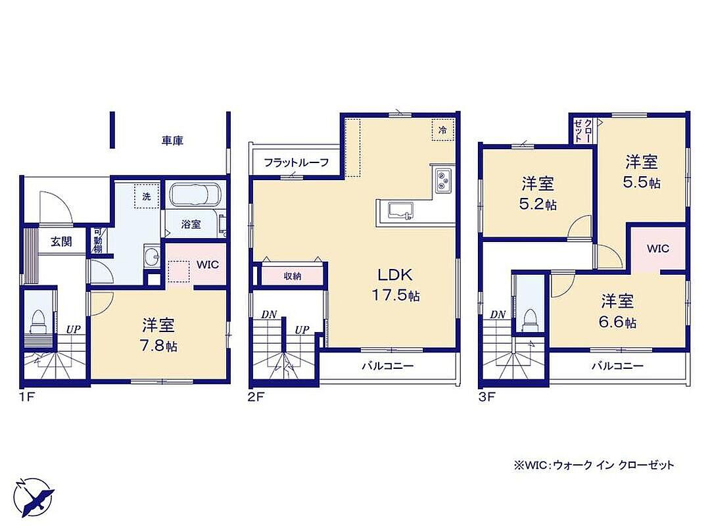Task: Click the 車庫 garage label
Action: click(172, 141)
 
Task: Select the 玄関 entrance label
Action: click(61, 241)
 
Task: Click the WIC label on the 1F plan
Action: click(208, 264)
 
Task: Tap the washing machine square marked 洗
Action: click(147, 196)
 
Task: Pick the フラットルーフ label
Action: click(296, 162)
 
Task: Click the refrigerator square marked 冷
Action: click(442, 130)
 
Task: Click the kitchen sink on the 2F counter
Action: click(400, 211)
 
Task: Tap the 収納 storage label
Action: click(293, 275)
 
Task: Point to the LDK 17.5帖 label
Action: click(396, 285)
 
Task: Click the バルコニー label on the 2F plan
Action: click(388, 366)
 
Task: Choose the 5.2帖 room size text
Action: click(538, 204)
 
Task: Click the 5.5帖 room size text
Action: click(641, 182)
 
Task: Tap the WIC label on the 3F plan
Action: click(658, 249)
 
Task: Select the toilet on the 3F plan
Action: click(529, 320)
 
